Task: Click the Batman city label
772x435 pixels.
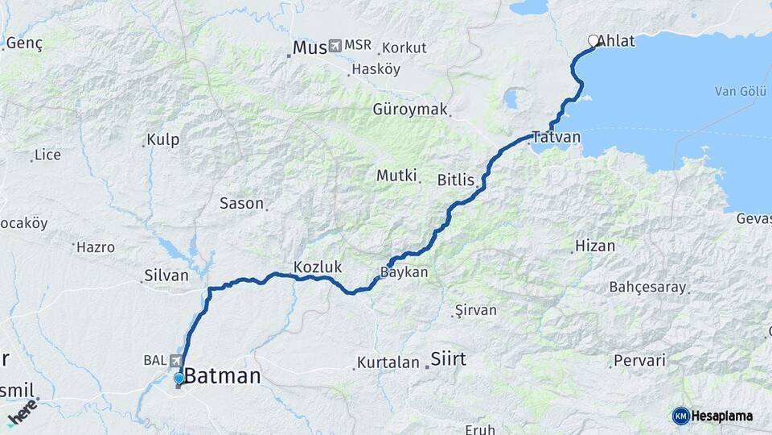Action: pyautogui.click(x=223, y=376)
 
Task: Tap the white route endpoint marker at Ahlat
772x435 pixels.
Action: pyautogui.click(x=593, y=40)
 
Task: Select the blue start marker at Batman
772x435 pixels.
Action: pyautogui.click(x=179, y=378)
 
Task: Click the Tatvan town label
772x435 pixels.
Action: pyautogui.click(x=555, y=138)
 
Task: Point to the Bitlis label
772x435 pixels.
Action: pyautogui.click(x=455, y=180)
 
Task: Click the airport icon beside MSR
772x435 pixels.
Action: pyautogui.click(x=335, y=46)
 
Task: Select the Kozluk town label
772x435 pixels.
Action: pyautogui.click(x=318, y=267)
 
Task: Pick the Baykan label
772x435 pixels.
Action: pyautogui.click(x=404, y=273)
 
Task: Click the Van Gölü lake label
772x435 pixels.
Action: pyautogui.click(x=737, y=91)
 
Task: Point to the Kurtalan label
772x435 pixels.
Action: pyautogui.click(x=388, y=362)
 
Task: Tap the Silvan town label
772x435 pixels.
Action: pyautogui.click(x=166, y=275)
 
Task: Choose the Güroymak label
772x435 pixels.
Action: pyautogui.click(x=410, y=109)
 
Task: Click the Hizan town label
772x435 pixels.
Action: pyautogui.click(x=596, y=246)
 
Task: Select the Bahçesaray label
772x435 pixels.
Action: pyautogui.click(x=647, y=287)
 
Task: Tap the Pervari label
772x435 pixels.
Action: pyautogui.click(x=639, y=360)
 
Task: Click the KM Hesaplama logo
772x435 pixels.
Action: pyautogui.click(x=712, y=416)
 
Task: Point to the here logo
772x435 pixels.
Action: pyautogui.click(x=23, y=412)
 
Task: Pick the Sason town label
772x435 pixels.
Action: pyautogui.click(x=242, y=204)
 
